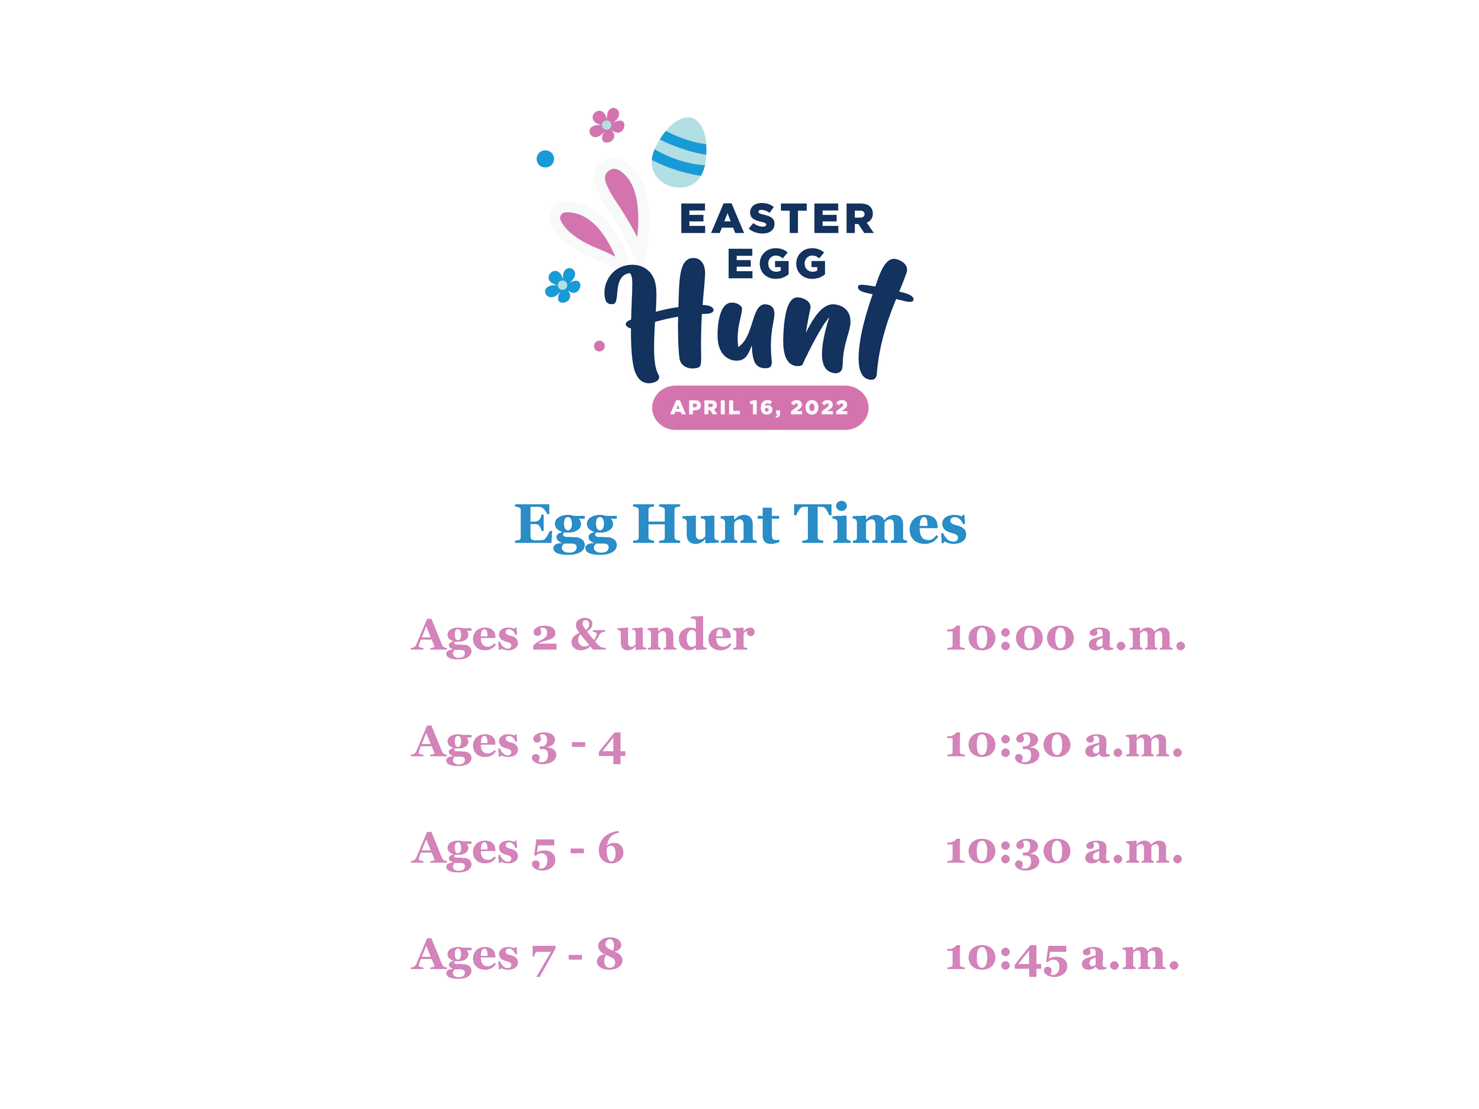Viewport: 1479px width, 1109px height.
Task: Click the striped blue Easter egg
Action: click(x=679, y=152)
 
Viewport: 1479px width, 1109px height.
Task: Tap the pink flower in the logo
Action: click(x=606, y=125)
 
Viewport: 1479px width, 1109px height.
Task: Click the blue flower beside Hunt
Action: click(x=563, y=285)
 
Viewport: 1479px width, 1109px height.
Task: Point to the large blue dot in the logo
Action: click(x=545, y=159)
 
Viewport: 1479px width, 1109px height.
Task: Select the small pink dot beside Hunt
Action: click(x=599, y=346)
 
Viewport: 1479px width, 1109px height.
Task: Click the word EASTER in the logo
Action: click(x=776, y=220)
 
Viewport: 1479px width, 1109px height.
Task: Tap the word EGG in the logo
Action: click(x=776, y=263)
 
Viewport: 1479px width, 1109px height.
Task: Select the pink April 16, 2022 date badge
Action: click(x=759, y=407)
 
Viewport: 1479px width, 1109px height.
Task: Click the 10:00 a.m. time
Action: click(x=1065, y=636)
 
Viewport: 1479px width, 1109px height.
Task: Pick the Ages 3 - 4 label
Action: click(x=518, y=743)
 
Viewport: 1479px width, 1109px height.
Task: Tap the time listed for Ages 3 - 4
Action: click(x=1064, y=743)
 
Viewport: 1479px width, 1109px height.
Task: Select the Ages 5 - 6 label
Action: click(x=518, y=850)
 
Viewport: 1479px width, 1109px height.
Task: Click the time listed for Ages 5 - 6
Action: click(x=1064, y=850)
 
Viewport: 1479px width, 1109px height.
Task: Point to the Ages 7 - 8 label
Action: click(x=517, y=955)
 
